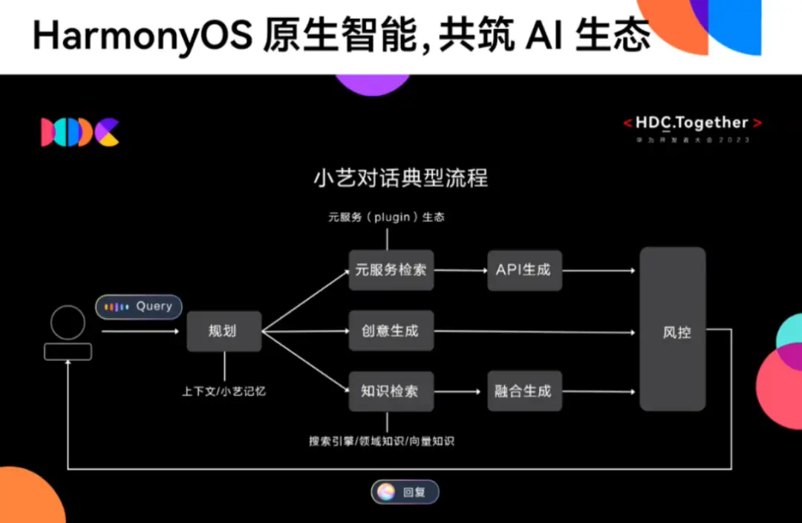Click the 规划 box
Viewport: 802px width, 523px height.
point(224,331)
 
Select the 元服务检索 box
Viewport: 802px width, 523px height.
point(391,270)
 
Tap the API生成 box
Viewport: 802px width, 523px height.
point(524,270)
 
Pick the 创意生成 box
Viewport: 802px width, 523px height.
point(391,331)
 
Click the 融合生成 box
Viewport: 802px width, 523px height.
point(524,391)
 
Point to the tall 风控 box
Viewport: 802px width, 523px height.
point(672,330)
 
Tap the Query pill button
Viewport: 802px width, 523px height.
point(139,307)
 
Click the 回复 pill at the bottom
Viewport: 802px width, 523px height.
point(405,492)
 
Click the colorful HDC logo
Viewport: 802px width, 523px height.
point(80,131)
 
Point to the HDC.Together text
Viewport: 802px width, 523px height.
point(692,123)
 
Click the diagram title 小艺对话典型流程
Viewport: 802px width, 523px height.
point(401,179)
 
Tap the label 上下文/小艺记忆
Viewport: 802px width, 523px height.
point(224,391)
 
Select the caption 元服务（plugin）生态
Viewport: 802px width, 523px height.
point(387,218)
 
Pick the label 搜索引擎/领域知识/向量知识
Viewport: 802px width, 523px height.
point(382,441)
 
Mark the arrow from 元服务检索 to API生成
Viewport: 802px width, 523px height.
point(460,270)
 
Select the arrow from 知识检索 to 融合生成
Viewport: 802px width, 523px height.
point(460,391)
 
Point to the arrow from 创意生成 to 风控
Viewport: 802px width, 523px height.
point(535,331)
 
